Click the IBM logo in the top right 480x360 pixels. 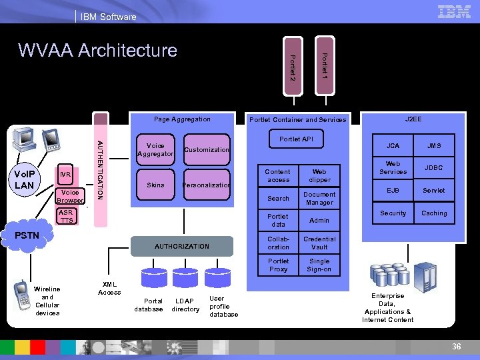(454, 11)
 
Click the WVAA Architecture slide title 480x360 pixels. (97, 50)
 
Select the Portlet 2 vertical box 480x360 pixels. (291, 67)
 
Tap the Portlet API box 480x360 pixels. (295, 139)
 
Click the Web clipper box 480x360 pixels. (319, 175)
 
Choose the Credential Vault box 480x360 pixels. (319, 243)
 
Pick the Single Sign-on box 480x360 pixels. (319, 265)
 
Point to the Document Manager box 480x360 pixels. (319, 198)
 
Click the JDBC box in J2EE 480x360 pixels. (434, 168)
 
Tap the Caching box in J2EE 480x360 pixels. (434, 213)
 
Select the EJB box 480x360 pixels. (393, 191)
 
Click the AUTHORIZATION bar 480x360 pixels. (182, 247)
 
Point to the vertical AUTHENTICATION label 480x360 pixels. (100, 169)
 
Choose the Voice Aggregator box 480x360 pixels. (155, 150)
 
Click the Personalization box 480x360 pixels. (207, 185)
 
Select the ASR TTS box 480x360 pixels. (67, 217)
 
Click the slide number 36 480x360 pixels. (457, 346)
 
